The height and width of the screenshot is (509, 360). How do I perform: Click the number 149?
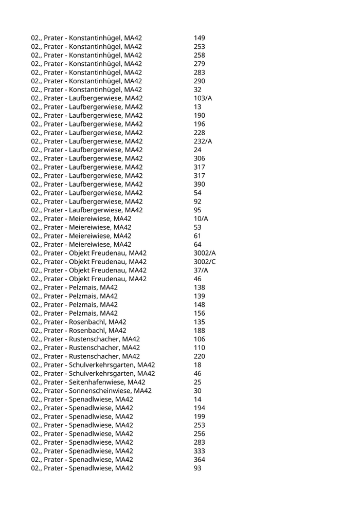pyautogui.click(x=200, y=38)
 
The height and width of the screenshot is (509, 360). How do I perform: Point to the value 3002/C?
pyautogui.click(x=205, y=262)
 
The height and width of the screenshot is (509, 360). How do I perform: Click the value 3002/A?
pyautogui.click(x=205, y=253)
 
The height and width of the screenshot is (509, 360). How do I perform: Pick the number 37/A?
pyautogui.click(x=201, y=270)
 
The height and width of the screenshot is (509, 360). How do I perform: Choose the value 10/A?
pyautogui.click(x=201, y=219)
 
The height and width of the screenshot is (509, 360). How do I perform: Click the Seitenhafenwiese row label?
pyautogui.click(x=88, y=382)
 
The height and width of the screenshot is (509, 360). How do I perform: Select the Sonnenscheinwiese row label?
pyautogui.click(x=91, y=391)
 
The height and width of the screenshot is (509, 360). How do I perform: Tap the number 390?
pyautogui.click(x=200, y=184)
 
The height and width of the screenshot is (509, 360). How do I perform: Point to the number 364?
pyautogui.click(x=200, y=459)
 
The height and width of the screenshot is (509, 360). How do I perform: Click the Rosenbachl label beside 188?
pyautogui.click(x=79, y=331)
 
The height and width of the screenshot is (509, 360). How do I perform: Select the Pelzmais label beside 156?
pyautogui.click(x=74, y=313)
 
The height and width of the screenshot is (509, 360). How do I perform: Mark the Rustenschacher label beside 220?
pyautogui.click(x=85, y=356)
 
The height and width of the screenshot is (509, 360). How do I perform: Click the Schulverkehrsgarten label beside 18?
pyautogui.click(x=93, y=365)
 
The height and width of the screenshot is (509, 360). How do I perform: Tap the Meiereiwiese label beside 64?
pyautogui.click(x=81, y=244)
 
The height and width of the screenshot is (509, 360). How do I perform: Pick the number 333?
pyautogui.click(x=200, y=451)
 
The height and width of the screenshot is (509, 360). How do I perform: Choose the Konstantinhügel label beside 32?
pyautogui.click(x=86, y=89)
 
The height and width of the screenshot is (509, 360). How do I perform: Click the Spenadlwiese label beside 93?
pyautogui.click(x=82, y=468)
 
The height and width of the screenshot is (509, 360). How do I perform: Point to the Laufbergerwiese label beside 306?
pyautogui.click(x=87, y=158)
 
